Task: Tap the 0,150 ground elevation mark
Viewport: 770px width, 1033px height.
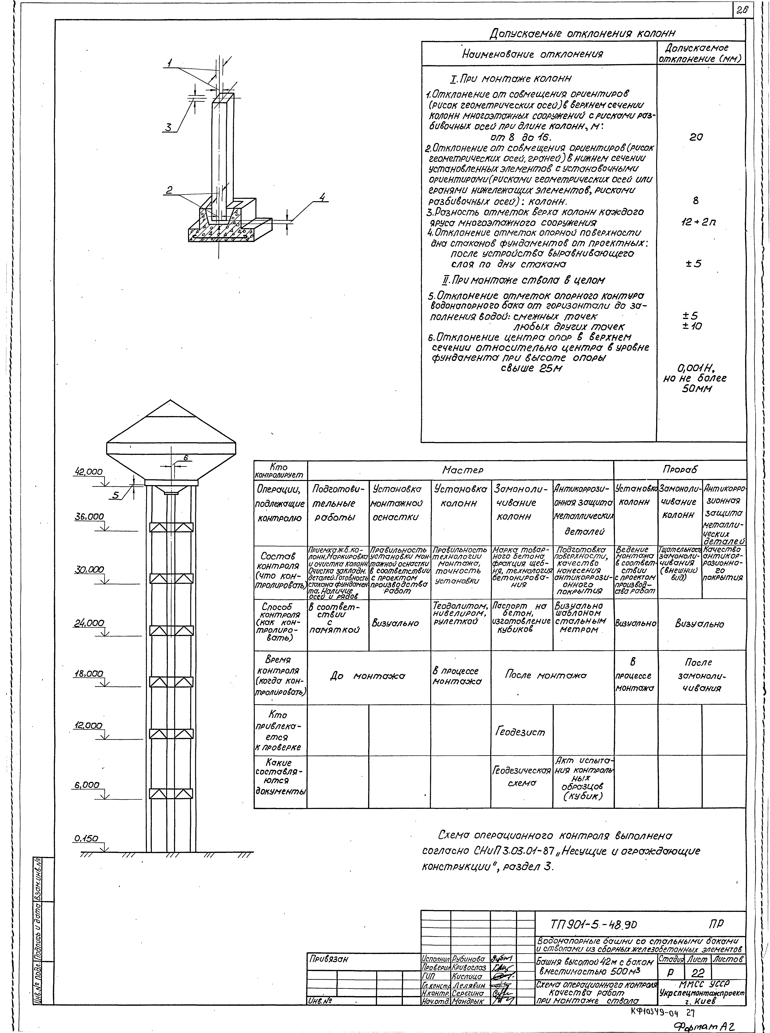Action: click(x=86, y=838)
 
